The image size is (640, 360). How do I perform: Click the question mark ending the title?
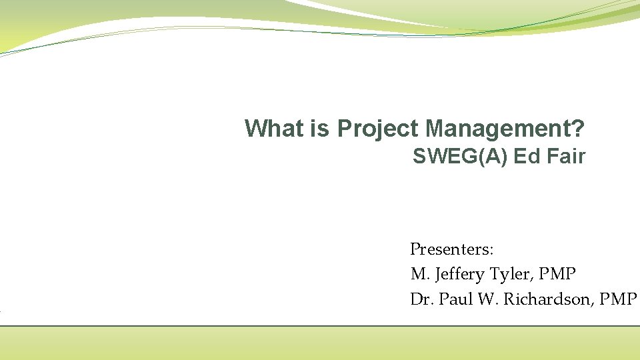tap(579, 128)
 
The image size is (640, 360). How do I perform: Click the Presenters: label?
tap(451, 250)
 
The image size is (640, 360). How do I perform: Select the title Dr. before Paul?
tap(421, 300)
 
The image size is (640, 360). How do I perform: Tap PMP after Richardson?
tap(618, 300)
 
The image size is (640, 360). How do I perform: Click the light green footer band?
tap(320, 343)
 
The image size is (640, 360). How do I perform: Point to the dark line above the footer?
tap(320, 326)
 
